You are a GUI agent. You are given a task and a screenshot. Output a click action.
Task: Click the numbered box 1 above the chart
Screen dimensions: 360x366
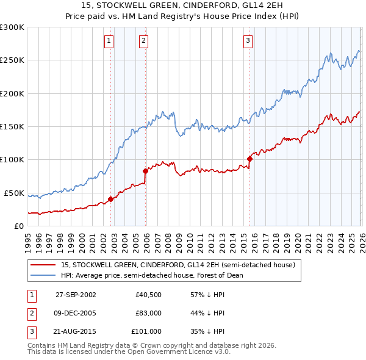109,41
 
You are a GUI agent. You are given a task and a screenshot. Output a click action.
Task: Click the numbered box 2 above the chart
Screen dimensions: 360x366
143,41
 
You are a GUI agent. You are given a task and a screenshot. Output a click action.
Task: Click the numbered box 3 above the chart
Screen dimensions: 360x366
248,41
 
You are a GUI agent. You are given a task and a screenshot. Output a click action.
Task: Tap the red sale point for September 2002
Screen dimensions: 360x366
111,199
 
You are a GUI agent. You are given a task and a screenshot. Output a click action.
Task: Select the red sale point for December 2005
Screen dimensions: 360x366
145,171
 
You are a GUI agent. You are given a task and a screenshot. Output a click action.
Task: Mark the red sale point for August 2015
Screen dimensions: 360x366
249,159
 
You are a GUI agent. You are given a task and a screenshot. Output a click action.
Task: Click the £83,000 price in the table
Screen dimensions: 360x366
148,313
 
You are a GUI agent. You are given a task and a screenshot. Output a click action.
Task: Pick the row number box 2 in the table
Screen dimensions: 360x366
31,313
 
